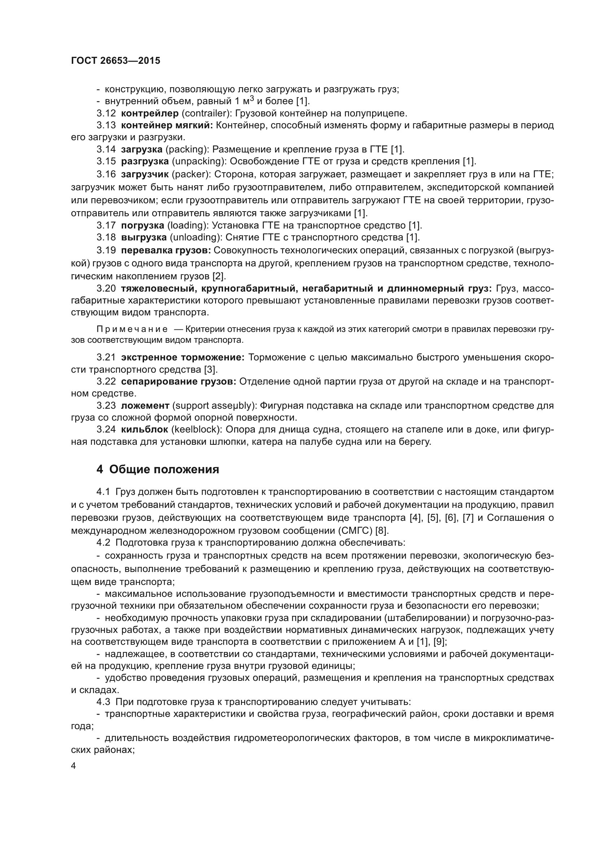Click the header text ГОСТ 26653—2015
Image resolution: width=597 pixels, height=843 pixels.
coord(116,61)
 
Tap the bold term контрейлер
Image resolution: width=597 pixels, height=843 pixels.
coord(150,114)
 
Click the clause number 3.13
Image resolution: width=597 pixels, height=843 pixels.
coord(106,125)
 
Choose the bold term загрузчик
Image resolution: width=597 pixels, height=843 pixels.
coord(145,174)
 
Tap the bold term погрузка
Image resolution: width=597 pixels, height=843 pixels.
coord(143,225)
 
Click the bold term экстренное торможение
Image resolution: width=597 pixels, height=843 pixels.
coord(183,358)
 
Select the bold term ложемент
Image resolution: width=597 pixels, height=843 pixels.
coord(145,406)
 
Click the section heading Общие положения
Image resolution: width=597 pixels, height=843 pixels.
coord(164,470)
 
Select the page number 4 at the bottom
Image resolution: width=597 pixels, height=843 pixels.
coord(74,766)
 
